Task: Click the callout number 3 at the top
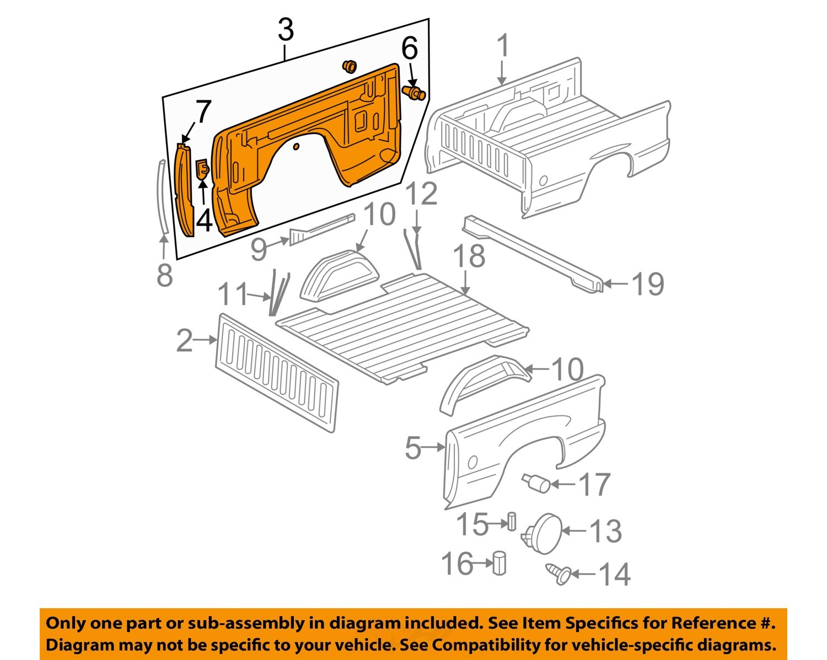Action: (286, 30)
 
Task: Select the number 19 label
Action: (647, 285)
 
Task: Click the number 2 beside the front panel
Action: (185, 341)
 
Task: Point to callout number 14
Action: (614, 575)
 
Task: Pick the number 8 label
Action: (164, 275)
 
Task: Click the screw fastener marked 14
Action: (558, 573)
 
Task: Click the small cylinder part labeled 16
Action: (500, 562)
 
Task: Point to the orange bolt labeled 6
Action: (414, 93)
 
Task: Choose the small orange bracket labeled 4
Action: (202, 169)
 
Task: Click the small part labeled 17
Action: (536, 482)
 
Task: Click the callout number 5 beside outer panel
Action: (413, 448)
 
